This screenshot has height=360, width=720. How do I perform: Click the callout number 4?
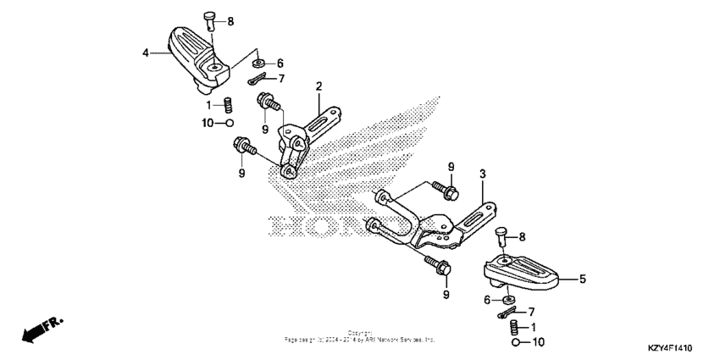pyautogui.click(x=146, y=53)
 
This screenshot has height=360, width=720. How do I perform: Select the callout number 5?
pyautogui.click(x=582, y=277)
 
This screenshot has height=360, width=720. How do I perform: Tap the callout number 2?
pyautogui.click(x=319, y=86)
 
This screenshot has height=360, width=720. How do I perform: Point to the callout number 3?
pyautogui.click(x=481, y=174)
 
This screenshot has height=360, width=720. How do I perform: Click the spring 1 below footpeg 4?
pyautogui.click(x=228, y=106)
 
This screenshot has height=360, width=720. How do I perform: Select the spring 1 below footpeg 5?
pyautogui.click(x=514, y=327)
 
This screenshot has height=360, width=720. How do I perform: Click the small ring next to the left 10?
pyautogui.click(x=229, y=124)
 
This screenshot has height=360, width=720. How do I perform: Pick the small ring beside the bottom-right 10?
pyautogui.click(x=515, y=345)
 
